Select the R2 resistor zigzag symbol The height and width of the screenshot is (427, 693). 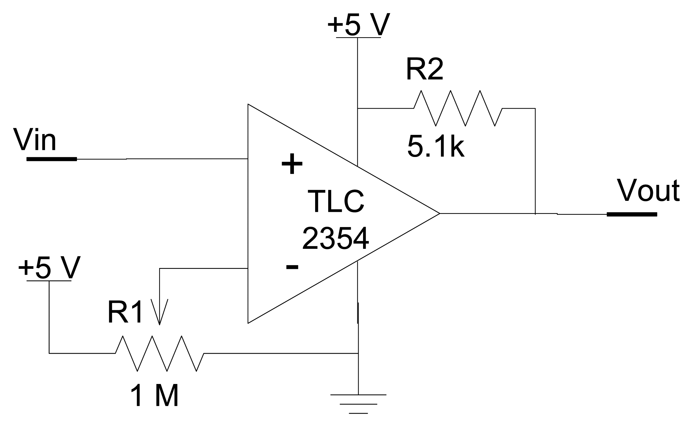click(x=458, y=108)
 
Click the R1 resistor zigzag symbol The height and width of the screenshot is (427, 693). click(x=159, y=353)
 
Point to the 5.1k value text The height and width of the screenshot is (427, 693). click(x=436, y=146)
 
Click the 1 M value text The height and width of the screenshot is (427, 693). click(x=154, y=396)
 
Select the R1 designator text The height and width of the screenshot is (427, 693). click(x=125, y=312)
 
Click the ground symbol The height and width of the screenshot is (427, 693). click(x=358, y=404)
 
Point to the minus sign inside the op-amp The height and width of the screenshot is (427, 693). click(x=292, y=267)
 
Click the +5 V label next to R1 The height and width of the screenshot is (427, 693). click(x=49, y=268)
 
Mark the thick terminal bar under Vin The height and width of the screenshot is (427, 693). click(x=52, y=159)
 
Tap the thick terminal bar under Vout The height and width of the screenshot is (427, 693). click(x=632, y=215)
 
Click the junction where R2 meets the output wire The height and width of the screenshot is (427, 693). click(x=535, y=214)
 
